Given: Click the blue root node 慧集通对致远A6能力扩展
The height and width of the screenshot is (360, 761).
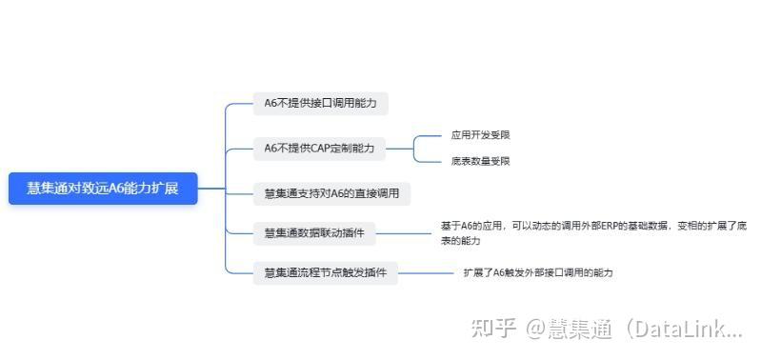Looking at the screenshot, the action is point(103,189).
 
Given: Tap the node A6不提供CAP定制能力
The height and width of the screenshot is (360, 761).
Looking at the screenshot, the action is point(319,148).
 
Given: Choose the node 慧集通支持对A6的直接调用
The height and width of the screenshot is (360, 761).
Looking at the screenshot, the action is point(331,193).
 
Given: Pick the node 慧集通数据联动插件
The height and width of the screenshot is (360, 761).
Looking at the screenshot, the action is point(314,232).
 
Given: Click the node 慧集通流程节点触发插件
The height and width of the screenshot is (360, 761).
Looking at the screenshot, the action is point(325,273).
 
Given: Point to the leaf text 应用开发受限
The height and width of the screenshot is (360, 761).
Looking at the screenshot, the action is point(480,135).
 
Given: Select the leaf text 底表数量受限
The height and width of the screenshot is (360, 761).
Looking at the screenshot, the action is point(480,161).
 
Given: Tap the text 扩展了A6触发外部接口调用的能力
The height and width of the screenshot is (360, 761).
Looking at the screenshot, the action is point(538,273).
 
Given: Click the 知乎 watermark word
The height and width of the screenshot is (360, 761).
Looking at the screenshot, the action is point(494,330).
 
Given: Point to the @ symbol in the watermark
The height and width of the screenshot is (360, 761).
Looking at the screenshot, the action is point(534,330).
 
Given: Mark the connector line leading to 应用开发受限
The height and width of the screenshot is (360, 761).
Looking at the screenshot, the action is point(433,135).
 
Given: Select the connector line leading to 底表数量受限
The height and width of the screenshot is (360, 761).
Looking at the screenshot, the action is point(433,161).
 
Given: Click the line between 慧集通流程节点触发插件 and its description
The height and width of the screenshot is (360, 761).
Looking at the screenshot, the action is point(426,273).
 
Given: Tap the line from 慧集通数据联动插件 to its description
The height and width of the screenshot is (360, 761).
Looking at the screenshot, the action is point(405,232).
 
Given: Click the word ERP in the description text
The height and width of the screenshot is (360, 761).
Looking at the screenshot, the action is point(603,227).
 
